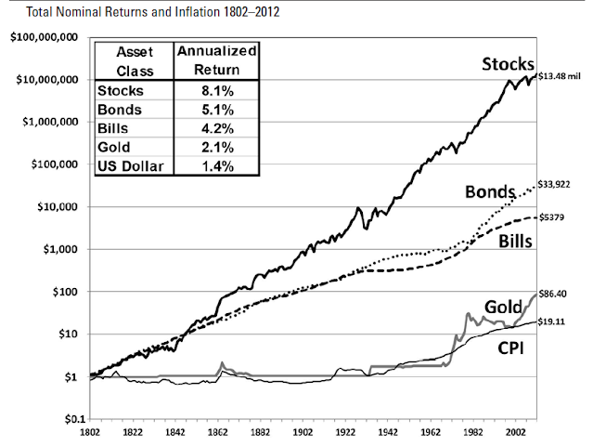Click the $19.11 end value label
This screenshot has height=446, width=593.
click(x=554, y=321)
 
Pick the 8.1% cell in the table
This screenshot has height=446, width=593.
click(x=217, y=91)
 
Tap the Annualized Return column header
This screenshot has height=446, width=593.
click(x=217, y=60)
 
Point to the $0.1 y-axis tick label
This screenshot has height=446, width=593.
click(x=66, y=420)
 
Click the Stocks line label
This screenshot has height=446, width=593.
click(x=508, y=65)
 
